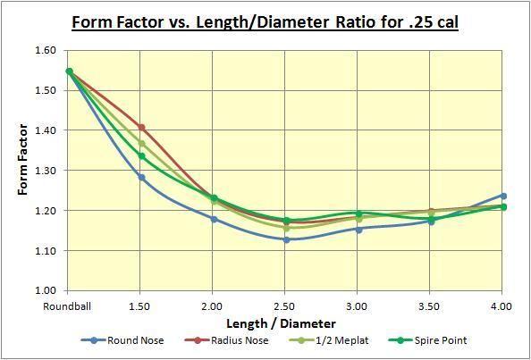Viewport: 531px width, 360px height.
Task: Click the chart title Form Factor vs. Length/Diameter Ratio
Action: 265,21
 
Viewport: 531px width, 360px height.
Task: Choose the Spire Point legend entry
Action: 426,340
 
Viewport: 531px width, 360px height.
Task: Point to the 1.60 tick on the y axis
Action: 46,50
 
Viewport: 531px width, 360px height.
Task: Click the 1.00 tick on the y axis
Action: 46,291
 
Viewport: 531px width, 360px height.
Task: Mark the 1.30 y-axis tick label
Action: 46,171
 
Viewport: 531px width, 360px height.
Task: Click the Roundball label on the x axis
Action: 69,306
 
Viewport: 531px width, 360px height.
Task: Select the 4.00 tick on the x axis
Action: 502,306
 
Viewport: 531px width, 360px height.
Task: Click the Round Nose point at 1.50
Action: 141,177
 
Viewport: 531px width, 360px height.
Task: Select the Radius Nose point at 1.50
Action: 141,127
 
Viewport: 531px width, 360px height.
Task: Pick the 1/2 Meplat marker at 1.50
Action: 141,143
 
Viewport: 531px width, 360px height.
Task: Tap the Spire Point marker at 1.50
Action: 141,156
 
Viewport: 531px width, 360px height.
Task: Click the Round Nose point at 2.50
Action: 286,239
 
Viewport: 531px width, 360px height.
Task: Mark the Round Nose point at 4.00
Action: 502,196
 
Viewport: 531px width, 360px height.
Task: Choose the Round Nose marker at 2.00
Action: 214,219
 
